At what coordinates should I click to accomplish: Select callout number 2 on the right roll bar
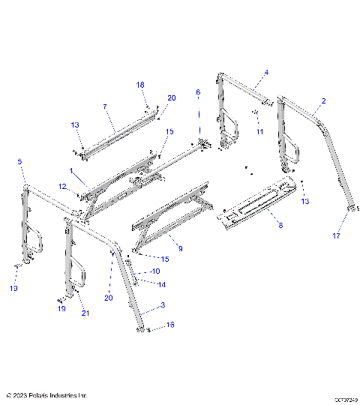(x=323, y=100)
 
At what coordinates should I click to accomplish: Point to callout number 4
(x=265, y=73)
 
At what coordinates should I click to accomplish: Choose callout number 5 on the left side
(x=19, y=162)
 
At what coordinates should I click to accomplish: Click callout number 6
(x=198, y=92)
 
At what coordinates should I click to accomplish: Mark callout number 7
(x=104, y=107)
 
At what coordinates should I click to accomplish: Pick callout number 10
(x=155, y=271)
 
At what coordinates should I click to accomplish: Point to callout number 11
(x=260, y=132)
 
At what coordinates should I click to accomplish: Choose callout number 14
(x=162, y=284)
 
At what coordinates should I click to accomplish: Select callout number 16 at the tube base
(x=171, y=325)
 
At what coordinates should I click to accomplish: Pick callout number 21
(x=85, y=313)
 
